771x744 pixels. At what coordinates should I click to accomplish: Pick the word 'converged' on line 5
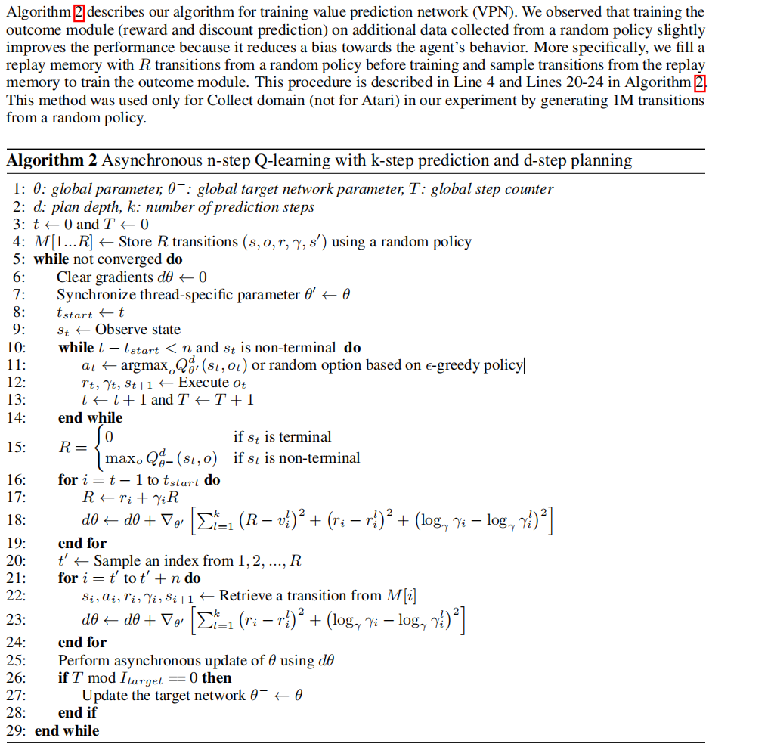131,259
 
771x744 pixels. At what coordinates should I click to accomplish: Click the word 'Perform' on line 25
82,660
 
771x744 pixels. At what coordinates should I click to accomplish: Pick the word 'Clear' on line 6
73,277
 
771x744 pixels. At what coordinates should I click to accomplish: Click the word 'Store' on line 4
136,242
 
